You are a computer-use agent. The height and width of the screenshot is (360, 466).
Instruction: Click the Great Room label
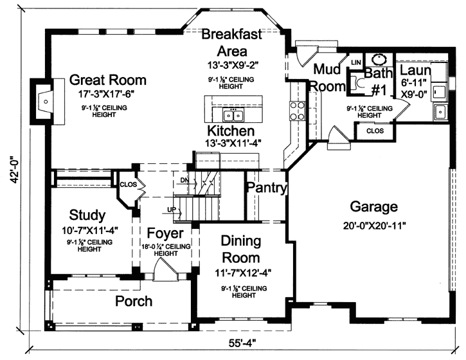pos(107,80)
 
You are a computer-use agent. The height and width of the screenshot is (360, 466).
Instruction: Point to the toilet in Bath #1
pos(355,83)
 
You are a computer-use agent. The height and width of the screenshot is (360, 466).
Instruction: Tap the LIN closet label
pos(354,62)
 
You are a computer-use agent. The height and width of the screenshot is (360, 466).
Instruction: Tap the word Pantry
pos(266,188)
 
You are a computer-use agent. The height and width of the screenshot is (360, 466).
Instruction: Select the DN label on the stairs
pos(184,179)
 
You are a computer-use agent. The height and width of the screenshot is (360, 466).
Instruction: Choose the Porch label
pos(134,301)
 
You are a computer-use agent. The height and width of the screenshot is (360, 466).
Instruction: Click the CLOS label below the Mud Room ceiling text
pos(375,130)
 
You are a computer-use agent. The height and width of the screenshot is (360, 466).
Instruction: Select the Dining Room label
pos(241,249)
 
